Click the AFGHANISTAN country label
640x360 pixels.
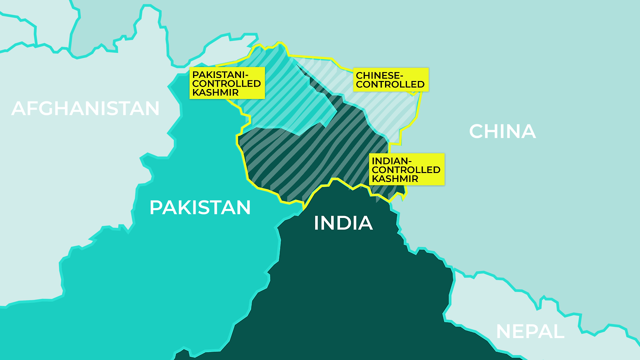pos(85,108)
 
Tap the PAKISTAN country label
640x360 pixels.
pos(200,207)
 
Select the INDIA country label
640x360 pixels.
pos(343,223)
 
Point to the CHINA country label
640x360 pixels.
pos(502,131)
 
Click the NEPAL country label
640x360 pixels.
pos(529,331)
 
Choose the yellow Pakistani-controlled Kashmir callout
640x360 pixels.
pos(227,83)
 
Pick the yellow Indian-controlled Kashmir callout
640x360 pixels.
pos(406,169)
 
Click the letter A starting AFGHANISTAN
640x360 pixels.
pos(18,108)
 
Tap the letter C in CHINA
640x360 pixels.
pos(477,131)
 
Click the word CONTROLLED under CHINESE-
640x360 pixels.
pos(390,84)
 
